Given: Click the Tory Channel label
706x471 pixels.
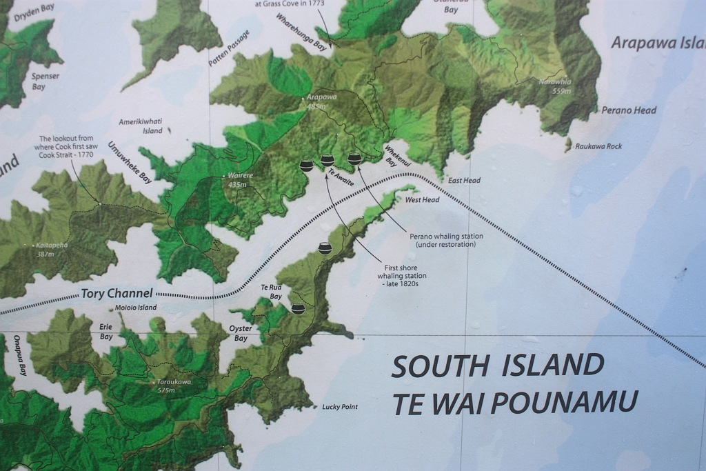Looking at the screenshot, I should tap(117, 293).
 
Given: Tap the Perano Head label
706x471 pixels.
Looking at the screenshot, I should tap(629, 110).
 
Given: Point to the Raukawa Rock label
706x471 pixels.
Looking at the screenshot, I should tap(598, 146).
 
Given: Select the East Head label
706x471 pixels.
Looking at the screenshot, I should tap(464, 181).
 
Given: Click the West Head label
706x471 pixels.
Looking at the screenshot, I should tap(422, 200).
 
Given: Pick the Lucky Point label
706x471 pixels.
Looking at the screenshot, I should tap(340, 407).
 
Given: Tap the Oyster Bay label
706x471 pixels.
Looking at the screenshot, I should tap(241, 334).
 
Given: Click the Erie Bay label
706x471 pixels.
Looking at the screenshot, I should tap(106, 332).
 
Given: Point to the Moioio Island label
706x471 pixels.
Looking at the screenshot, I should tap(136, 308).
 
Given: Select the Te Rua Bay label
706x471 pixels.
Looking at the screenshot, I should tap(271, 292).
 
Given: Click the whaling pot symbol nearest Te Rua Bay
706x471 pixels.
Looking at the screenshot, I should tap(298, 308).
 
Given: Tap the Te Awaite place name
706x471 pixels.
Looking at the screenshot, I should tap(341, 179).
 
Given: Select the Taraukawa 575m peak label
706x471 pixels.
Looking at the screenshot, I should tap(174, 385).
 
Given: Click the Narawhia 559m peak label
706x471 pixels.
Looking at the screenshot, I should tap(556, 86).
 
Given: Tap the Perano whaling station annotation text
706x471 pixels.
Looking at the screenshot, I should tap(446, 240).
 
